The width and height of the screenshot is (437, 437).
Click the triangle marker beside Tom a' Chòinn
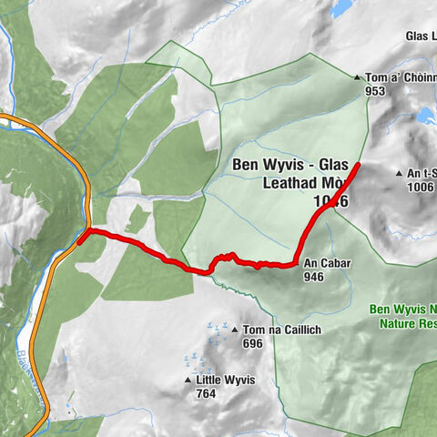click(358, 77)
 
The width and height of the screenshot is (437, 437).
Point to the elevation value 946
click(314, 277)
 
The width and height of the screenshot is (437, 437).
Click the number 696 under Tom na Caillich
click(252, 344)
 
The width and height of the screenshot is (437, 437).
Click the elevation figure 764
click(204, 394)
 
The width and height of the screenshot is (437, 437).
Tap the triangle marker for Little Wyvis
click(188, 381)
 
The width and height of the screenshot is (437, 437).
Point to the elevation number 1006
click(421, 187)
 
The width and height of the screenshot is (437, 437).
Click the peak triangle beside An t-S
click(399, 173)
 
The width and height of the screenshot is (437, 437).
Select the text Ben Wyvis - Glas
click(290, 165)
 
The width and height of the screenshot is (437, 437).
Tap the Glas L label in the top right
click(421, 37)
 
